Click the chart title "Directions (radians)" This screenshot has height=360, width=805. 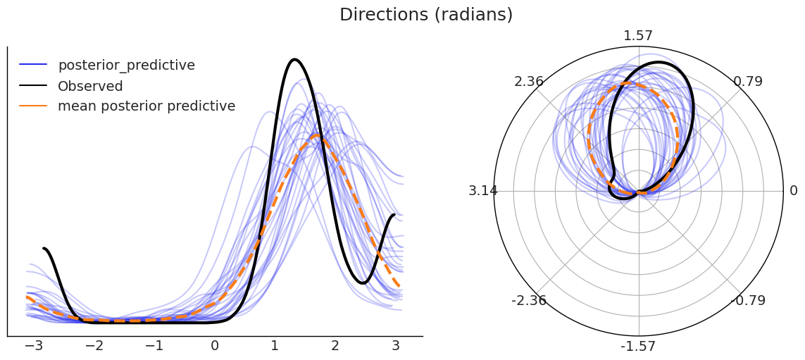point(426,15)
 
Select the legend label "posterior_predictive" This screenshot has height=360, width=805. point(126,66)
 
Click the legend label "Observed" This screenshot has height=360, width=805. point(90,87)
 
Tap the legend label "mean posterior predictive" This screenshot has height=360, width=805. point(146,106)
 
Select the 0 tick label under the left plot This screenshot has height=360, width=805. point(215,346)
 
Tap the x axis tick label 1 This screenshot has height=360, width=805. point(275,346)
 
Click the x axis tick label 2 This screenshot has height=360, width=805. point(335,346)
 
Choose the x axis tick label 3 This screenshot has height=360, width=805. point(395,346)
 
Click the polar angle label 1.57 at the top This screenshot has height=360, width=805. point(638,36)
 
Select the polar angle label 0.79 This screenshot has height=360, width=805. point(748,82)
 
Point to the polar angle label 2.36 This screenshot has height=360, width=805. point(529,82)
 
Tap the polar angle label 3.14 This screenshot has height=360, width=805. point(483,191)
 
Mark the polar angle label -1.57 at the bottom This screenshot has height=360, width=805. point(638,347)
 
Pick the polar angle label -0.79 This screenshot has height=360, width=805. point(748,301)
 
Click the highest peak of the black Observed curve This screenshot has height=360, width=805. point(294,59)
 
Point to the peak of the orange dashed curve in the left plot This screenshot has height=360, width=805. point(317,135)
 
